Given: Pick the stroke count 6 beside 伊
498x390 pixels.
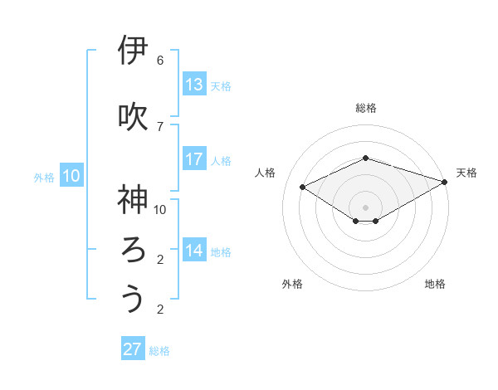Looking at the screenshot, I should coord(160,61).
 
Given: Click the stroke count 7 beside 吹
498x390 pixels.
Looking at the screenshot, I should coord(160,126).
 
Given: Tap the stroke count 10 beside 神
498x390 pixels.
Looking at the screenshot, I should coord(160,209).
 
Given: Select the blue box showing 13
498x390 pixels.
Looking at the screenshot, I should coord(194,85).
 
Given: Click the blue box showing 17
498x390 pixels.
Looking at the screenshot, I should coord(194,159).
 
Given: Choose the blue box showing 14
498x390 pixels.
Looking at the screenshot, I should coord(194,251).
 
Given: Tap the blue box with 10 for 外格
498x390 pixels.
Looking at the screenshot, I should coord(71,176).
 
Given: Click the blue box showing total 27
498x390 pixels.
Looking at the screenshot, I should coord(133,349).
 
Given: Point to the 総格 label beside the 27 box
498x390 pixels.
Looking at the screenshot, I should coord(160,351).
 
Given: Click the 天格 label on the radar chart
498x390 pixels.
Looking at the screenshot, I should coord(466,173).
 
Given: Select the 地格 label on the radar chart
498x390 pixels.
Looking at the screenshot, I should coord(435,284).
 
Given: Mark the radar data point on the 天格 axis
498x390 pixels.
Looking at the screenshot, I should coord(446,182).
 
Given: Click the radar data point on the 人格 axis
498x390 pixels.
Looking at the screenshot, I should coord(303,188).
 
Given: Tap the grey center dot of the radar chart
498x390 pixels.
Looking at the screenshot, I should coord(365,207).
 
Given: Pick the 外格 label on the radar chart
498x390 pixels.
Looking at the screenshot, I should coord(292,284).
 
